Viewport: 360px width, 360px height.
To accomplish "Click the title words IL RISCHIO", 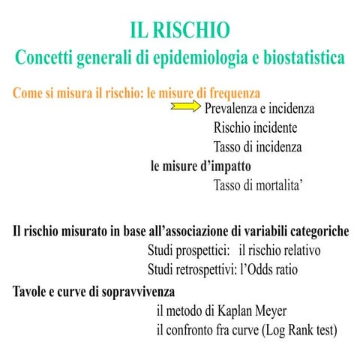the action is point(180,31).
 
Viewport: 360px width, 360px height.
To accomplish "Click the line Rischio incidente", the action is point(255,127).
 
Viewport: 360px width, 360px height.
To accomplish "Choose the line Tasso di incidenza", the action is point(257,146).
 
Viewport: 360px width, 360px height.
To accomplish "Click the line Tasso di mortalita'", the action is point(259,184).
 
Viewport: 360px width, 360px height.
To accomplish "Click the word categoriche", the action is point(315,231).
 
